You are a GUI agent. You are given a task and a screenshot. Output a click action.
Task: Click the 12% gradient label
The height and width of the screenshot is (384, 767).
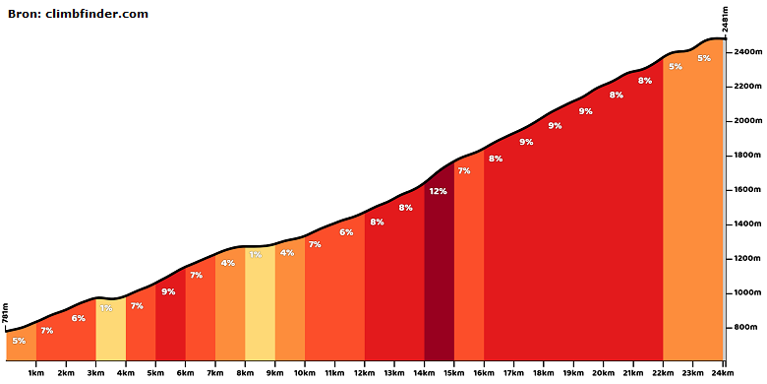pos(438,191)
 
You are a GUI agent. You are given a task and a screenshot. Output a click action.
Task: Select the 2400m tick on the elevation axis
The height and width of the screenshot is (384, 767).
pos(728,52)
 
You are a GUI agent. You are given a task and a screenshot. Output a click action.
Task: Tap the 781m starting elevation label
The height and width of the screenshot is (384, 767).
pos(5,313)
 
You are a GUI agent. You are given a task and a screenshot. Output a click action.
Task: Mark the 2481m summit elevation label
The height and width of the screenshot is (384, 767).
pos(726,20)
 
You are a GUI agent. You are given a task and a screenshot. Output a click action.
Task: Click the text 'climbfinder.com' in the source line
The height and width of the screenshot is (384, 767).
pos(96,14)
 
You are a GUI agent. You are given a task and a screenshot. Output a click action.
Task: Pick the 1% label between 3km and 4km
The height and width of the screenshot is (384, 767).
pos(106,308)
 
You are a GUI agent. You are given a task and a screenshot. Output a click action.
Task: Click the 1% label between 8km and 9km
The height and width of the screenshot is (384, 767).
pos(256,255)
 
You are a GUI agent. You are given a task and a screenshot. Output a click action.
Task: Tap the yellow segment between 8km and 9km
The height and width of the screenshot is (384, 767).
pos(260,303)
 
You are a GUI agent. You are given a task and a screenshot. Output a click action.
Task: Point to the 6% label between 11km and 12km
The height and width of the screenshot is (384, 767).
pos(346,232)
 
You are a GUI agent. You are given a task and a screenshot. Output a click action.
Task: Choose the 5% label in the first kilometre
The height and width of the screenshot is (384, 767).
pos(19,341)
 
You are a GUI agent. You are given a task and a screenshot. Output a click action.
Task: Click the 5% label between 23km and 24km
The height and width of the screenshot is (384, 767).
pos(704,58)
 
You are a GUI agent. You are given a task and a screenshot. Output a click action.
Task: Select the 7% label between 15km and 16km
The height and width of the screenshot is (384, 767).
pos(464,171)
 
